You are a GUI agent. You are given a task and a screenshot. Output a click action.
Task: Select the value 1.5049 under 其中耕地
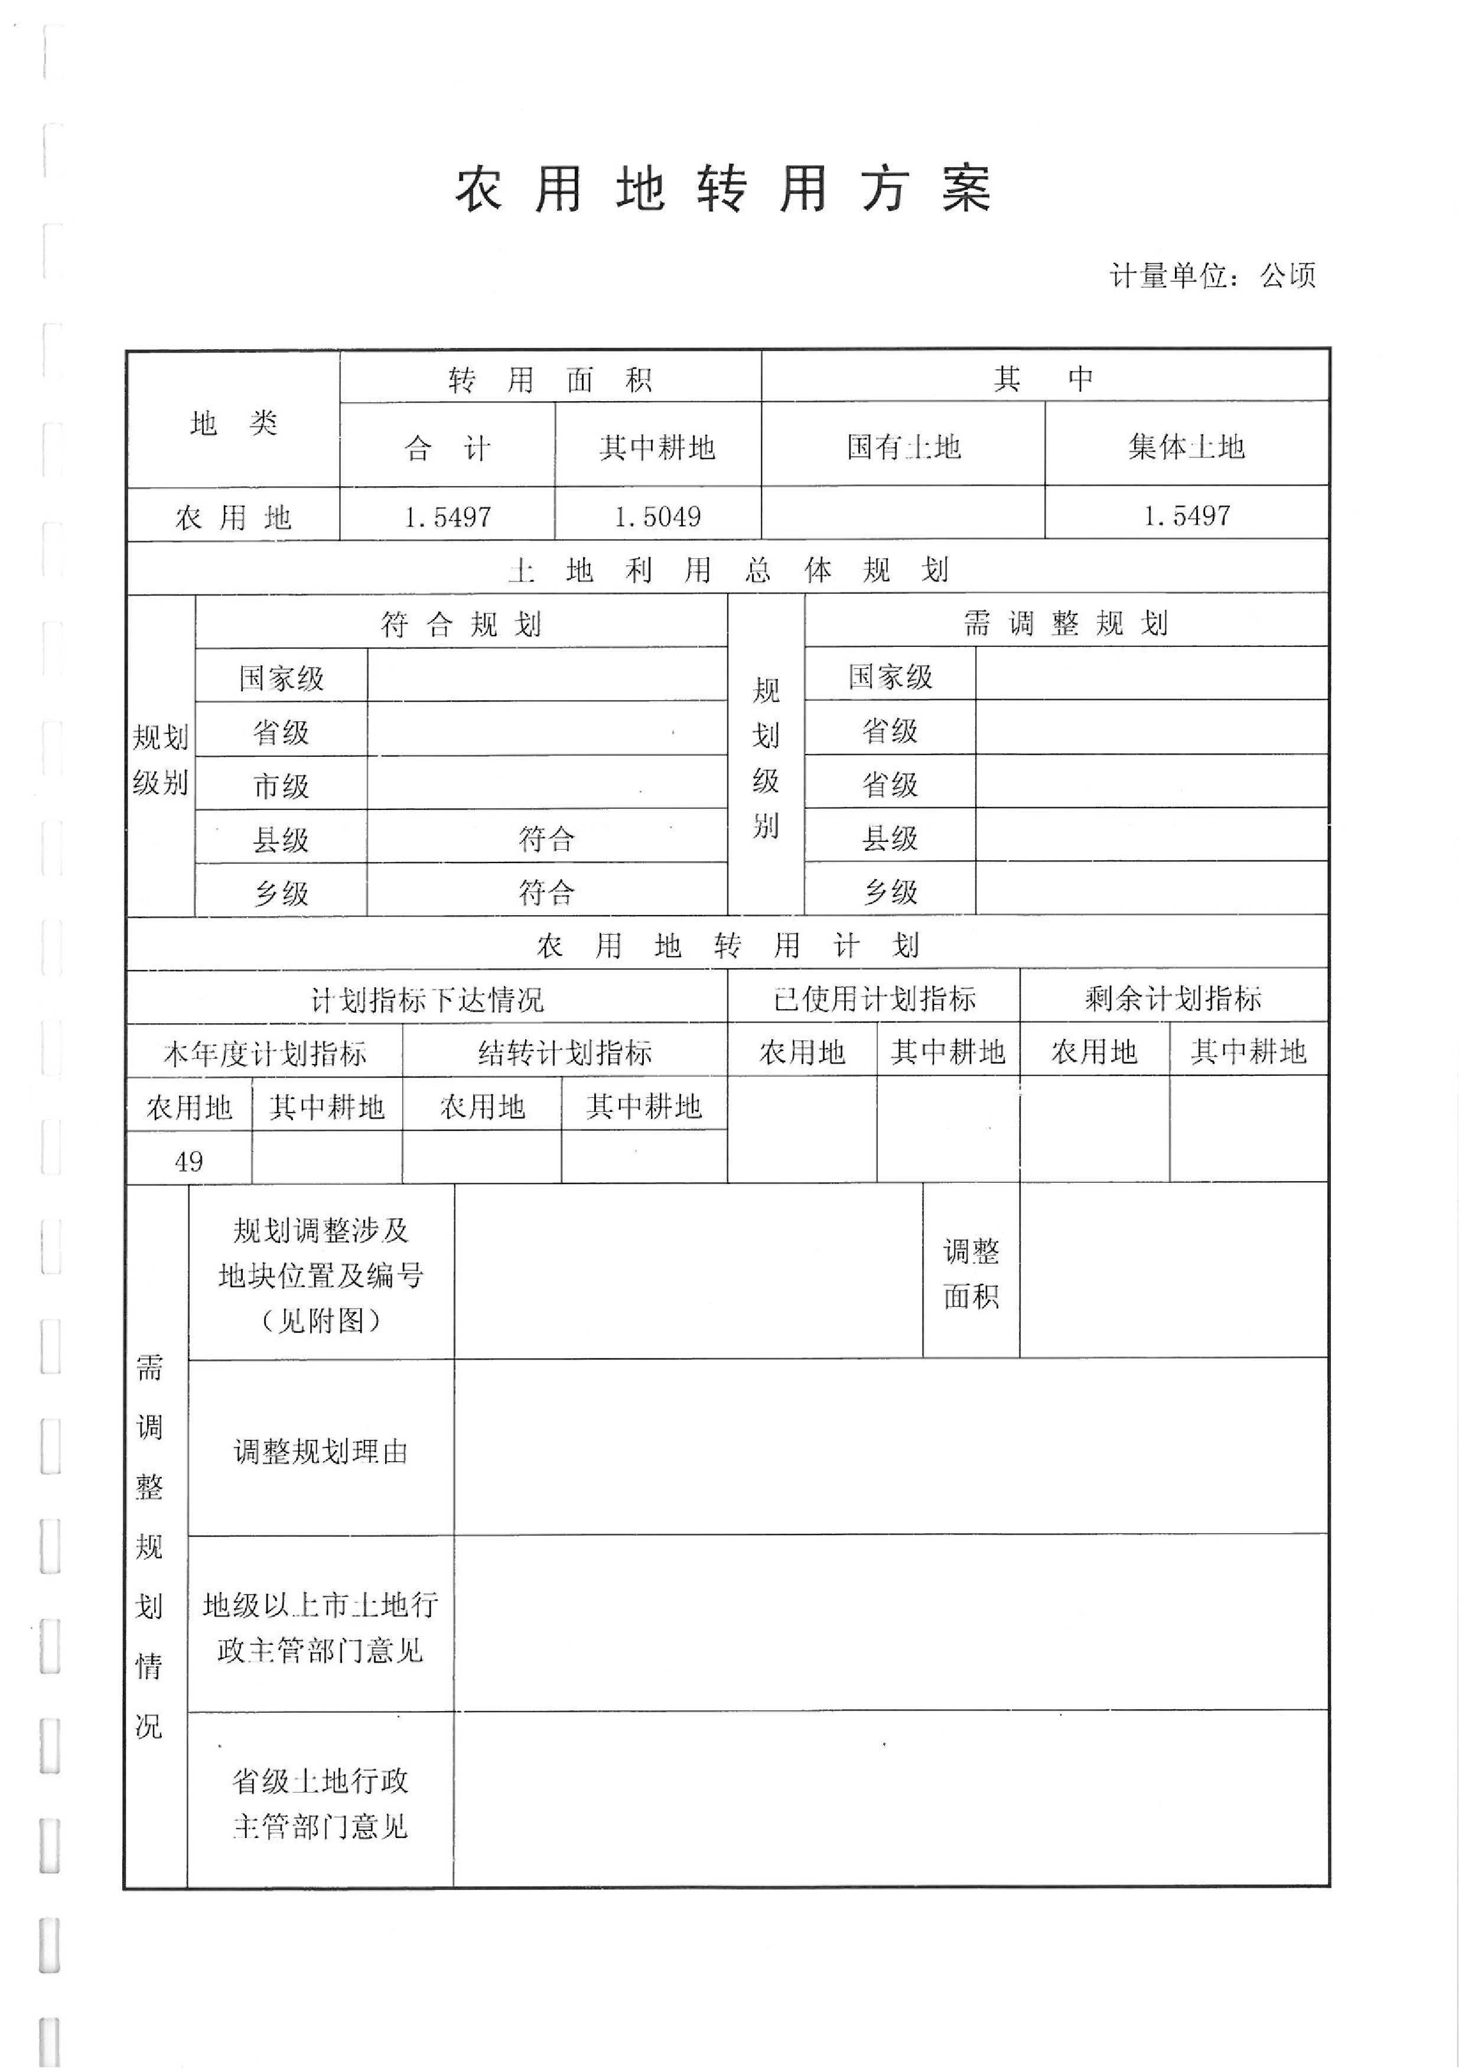[x=657, y=517]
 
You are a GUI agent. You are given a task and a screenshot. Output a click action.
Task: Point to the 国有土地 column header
[x=903, y=447]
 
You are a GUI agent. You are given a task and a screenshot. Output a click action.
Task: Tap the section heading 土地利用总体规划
[x=727, y=570]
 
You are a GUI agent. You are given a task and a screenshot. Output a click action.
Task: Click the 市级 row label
[x=281, y=786]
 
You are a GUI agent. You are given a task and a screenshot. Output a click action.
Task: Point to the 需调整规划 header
[x=1064, y=623]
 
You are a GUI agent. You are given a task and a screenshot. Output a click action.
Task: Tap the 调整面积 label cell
[x=971, y=1273]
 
